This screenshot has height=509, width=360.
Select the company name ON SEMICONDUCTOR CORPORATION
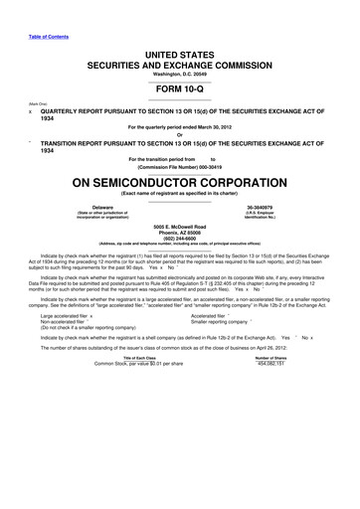(180, 184)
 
